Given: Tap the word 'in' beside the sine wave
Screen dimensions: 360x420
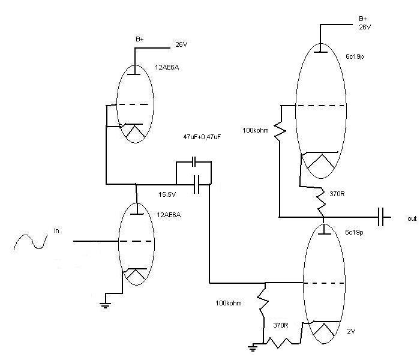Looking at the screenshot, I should click(56, 230).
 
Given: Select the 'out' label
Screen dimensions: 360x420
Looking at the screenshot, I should click(412, 219).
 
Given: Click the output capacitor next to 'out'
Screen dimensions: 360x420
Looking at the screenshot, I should click(382, 217).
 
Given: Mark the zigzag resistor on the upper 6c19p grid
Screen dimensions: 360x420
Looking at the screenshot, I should click(279, 130).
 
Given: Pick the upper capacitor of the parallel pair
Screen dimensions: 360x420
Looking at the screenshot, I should click(194, 162).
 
